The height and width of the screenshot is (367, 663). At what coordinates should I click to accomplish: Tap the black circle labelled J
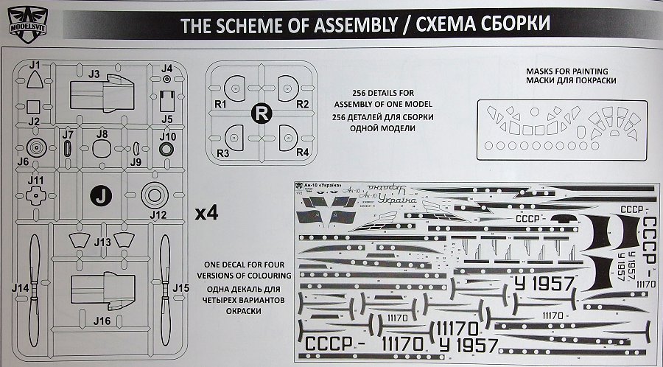102,196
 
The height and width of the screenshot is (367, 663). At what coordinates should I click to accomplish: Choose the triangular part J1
34,84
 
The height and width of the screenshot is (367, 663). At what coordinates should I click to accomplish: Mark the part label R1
220,105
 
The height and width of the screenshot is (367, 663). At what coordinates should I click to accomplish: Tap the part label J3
94,74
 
